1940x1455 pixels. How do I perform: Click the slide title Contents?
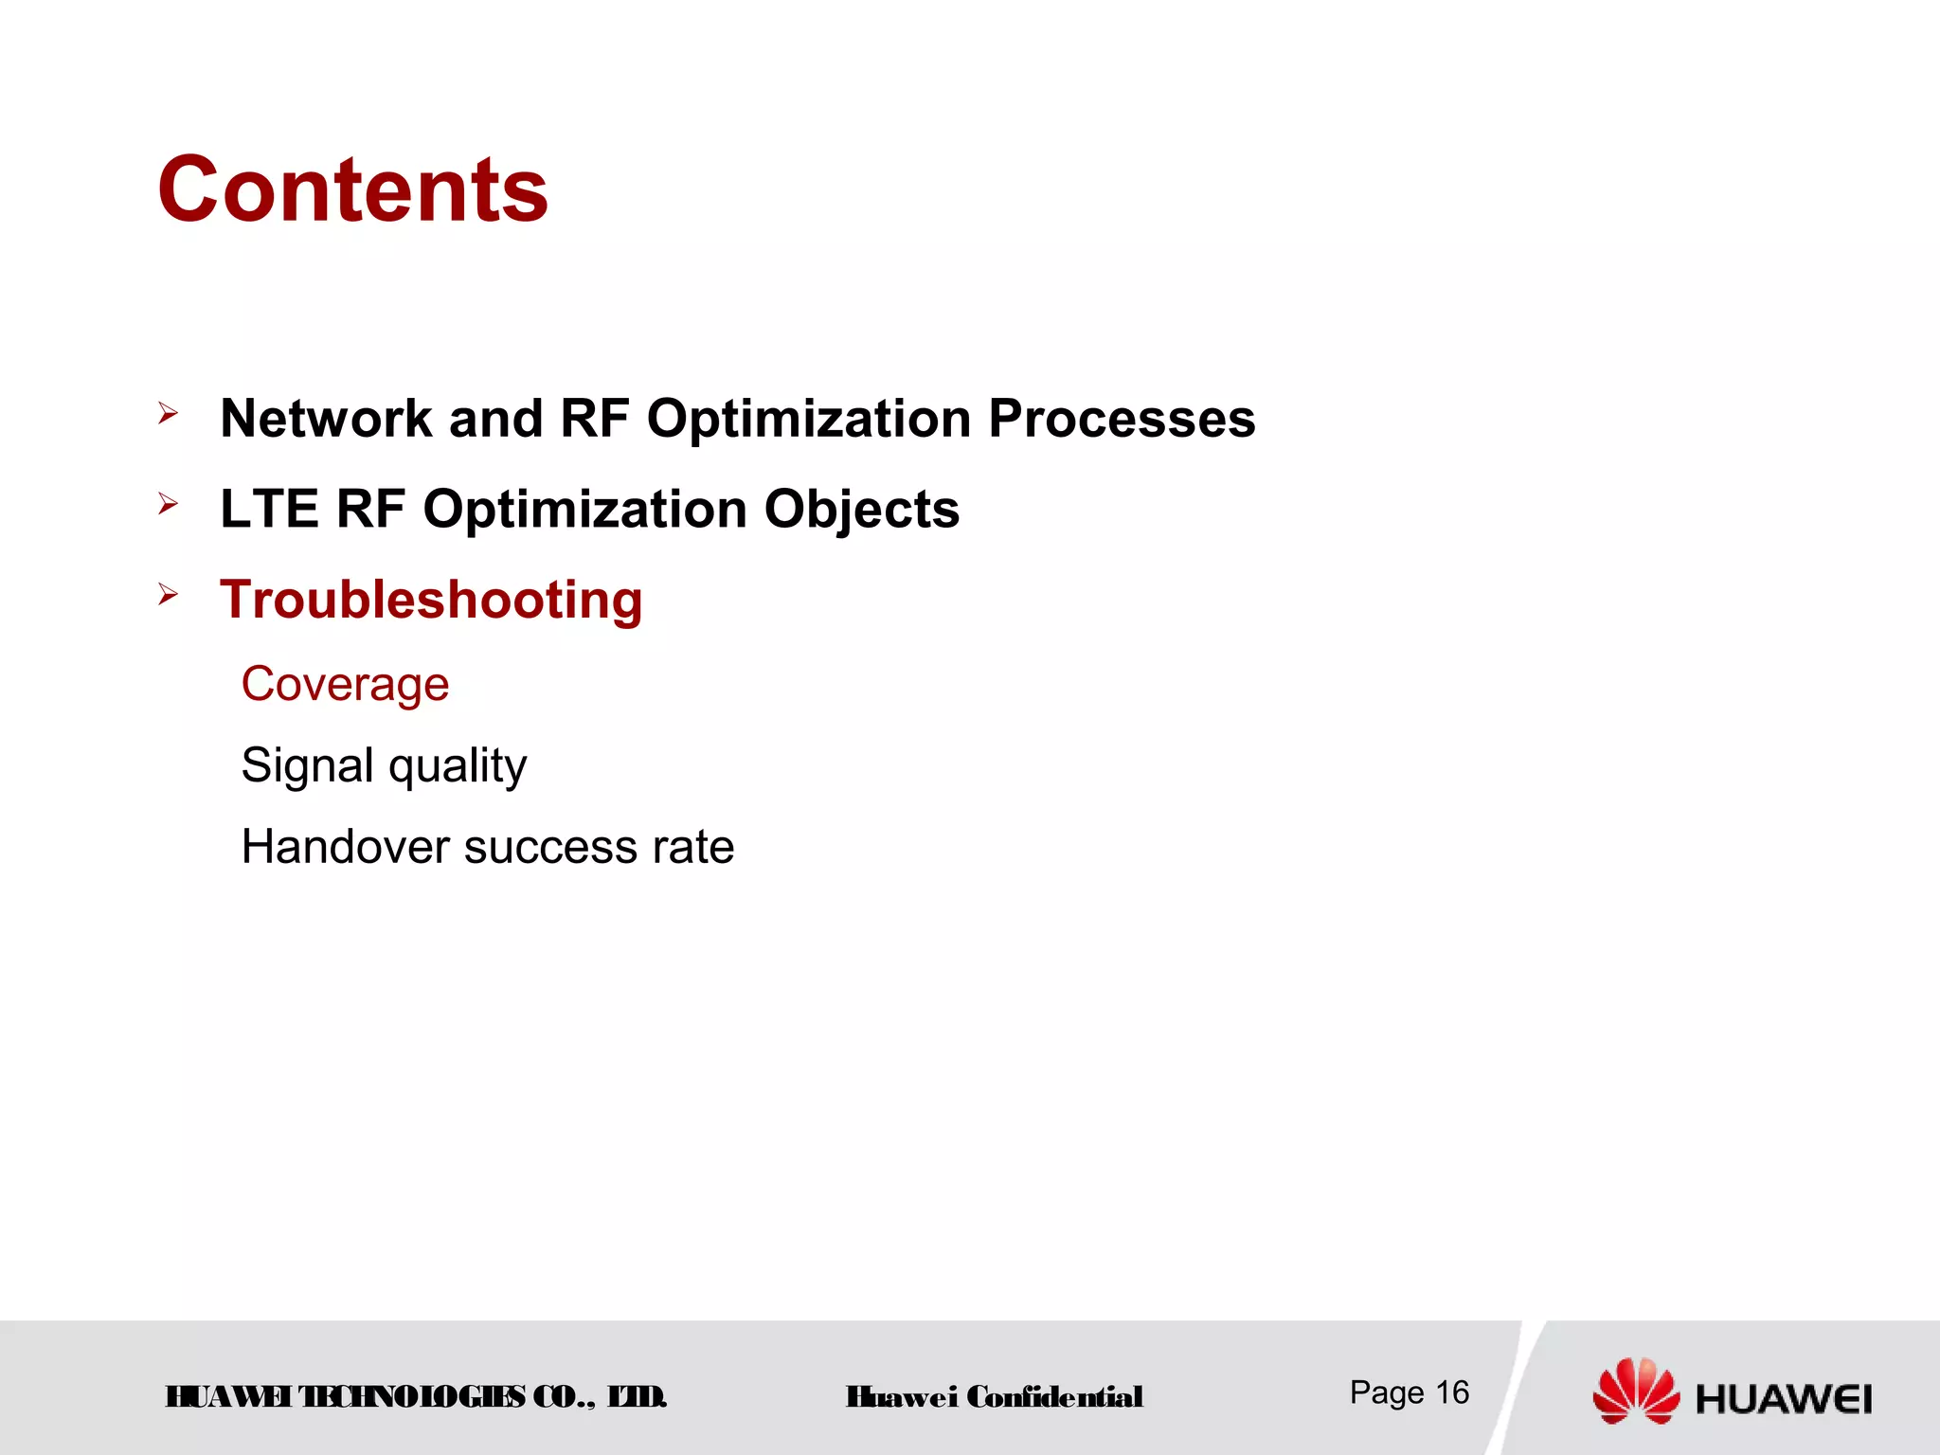[x=352, y=190]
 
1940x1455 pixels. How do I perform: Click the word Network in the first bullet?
[x=326, y=419]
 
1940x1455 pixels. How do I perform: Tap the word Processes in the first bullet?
[x=1122, y=419]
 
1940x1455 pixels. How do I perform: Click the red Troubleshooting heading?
[x=431, y=601]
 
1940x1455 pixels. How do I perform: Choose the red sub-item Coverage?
[x=345, y=684]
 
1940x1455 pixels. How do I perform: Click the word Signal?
[x=307, y=765]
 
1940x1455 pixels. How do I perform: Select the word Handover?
[x=345, y=847]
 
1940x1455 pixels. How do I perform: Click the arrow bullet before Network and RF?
[x=169, y=413]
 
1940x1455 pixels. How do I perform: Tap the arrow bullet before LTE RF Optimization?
[x=169, y=504]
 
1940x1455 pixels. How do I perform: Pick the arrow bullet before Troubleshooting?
[x=169, y=595]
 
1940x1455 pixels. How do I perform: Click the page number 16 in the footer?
[x=1452, y=1392]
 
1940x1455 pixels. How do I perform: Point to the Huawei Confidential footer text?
[x=995, y=1397]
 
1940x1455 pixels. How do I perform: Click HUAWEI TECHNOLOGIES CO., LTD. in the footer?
[x=416, y=1397]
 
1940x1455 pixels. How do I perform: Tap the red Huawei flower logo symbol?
[x=1636, y=1391]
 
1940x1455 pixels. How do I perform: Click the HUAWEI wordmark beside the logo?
[x=1784, y=1400]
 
